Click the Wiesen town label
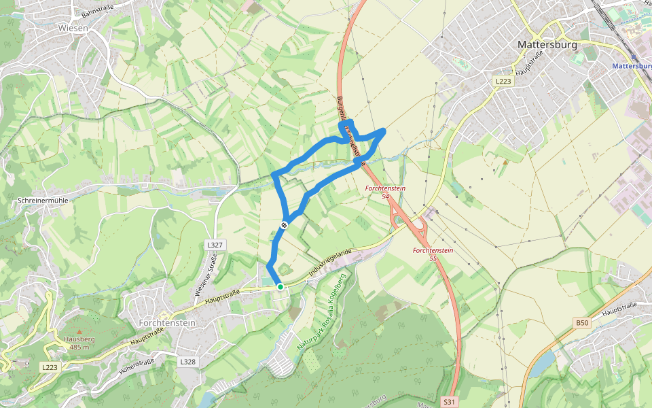point(74,28)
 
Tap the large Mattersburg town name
point(547,44)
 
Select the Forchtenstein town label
point(167,322)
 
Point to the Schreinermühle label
point(43,201)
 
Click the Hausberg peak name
point(79,339)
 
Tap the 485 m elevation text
point(79,347)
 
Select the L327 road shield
point(214,244)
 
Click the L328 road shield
point(188,362)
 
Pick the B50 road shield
point(582,323)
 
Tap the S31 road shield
point(449,401)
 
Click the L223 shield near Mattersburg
point(503,81)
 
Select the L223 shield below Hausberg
point(50,367)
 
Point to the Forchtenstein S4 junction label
point(386,192)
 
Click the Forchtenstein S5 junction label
point(433,254)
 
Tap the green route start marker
point(280,287)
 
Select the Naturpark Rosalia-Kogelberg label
point(322,311)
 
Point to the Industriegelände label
point(329,262)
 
